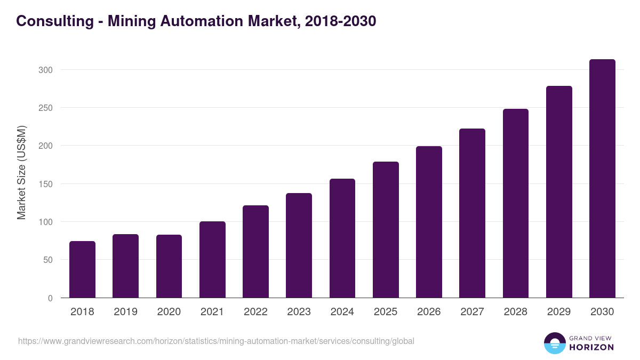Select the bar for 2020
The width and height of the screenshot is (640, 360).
click(169, 266)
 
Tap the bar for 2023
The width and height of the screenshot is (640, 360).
click(299, 245)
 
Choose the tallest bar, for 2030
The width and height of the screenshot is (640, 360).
click(602, 179)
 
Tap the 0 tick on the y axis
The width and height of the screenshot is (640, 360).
click(50, 298)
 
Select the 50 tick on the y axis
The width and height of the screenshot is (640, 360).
click(47, 260)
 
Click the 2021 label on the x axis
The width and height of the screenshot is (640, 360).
click(212, 312)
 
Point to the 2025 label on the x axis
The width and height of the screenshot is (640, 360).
click(386, 312)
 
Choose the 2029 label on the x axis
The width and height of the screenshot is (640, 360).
click(559, 312)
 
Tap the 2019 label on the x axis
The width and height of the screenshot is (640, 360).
click(125, 312)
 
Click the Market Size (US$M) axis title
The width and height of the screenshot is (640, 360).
click(21, 173)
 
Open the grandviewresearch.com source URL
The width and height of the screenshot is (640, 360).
click(216, 341)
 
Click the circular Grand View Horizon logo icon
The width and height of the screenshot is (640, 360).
click(554, 343)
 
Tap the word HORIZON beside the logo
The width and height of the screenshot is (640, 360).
click(591, 347)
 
